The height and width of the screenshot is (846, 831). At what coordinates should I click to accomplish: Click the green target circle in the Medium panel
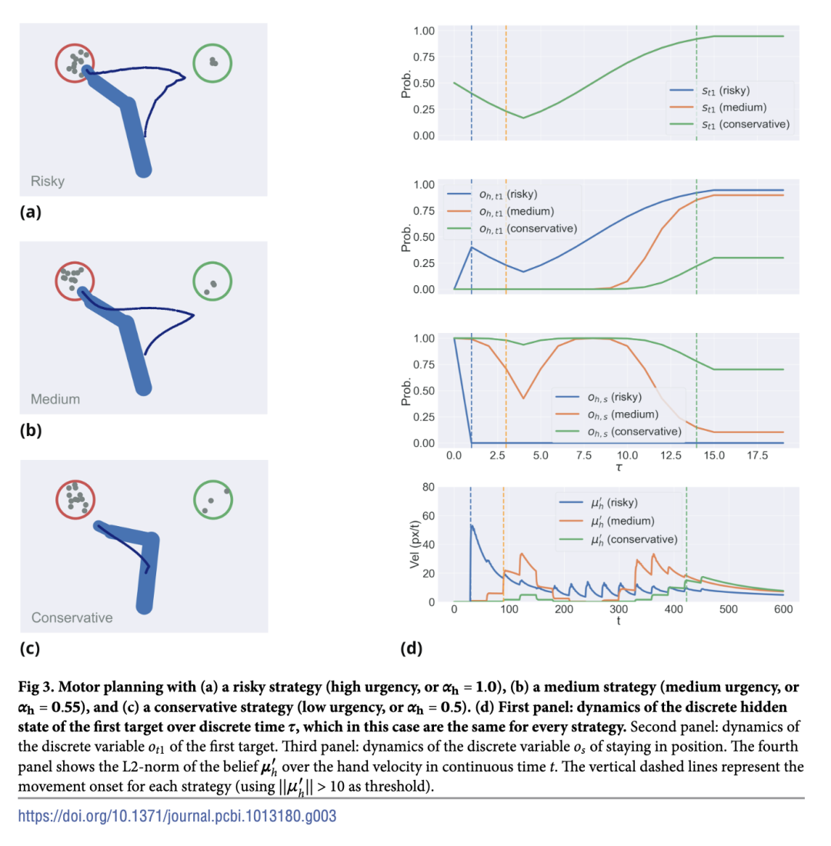click(x=212, y=281)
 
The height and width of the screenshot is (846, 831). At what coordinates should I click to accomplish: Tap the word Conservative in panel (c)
click(x=72, y=618)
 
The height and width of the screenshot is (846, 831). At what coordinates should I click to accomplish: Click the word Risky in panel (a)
click(x=48, y=182)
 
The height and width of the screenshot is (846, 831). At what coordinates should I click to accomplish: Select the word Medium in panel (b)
click(x=55, y=399)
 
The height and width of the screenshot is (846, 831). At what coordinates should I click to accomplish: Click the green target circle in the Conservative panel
click(x=213, y=498)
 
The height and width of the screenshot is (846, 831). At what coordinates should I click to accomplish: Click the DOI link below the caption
click(x=177, y=816)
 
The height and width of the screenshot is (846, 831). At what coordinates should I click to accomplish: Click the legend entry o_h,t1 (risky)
click(x=504, y=194)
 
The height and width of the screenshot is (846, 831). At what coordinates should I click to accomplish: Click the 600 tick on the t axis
click(x=783, y=610)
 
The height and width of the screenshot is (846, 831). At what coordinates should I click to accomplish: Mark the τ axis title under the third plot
click(x=619, y=467)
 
